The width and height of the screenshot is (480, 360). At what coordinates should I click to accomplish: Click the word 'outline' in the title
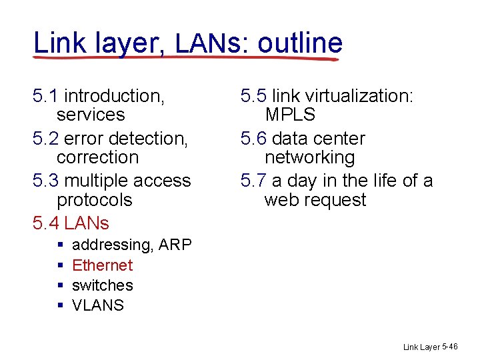point(300,43)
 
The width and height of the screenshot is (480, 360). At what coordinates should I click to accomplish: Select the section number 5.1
point(45,96)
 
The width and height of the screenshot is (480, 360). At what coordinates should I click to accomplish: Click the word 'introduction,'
point(114,96)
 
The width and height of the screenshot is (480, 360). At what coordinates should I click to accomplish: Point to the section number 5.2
point(45,139)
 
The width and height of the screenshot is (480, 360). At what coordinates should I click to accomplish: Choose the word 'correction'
point(97,157)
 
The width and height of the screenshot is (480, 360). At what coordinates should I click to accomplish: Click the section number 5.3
point(45,181)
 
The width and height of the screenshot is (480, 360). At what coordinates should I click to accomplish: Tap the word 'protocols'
point(94,200)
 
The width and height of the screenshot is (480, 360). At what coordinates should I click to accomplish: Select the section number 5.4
point(45,223)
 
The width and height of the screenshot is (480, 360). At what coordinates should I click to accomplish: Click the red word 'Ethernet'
point(102,265)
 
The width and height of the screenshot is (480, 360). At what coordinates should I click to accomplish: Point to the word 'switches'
point(102,285)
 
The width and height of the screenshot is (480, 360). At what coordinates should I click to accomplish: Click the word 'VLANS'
point(97,305)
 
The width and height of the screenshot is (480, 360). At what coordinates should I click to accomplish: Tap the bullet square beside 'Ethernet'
point(61,265)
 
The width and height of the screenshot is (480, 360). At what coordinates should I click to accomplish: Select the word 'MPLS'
point(290,115)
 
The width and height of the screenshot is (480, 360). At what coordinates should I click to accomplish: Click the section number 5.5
point(253,96)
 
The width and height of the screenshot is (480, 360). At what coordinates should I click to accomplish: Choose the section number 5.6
point(253,139)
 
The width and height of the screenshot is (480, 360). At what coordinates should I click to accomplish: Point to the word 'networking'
point(309,157)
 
